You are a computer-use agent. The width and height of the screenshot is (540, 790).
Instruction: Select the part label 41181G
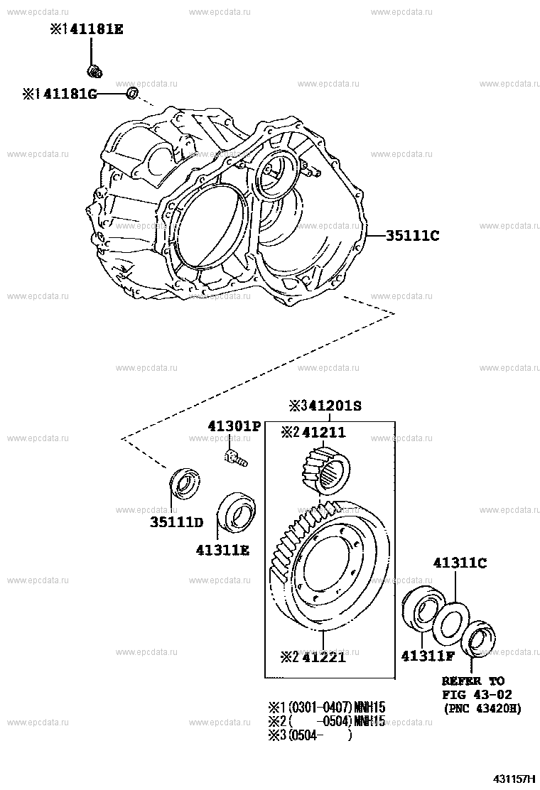pos(70,94)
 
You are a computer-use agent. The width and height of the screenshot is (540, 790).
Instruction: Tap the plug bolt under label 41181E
pos(94,72)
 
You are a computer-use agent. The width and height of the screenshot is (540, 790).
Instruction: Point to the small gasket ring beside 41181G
pos(132,93)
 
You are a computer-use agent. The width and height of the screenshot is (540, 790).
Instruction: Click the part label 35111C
pos(413,235)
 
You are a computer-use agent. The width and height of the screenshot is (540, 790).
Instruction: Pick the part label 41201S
pos(335,406)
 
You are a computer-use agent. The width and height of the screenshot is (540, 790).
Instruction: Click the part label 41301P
pos(234,426)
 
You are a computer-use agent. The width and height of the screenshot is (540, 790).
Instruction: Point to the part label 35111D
pos(176,522)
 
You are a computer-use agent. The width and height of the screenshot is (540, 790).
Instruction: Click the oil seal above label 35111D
pos(184,484)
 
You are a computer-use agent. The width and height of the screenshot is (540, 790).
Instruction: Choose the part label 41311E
pos(222,550)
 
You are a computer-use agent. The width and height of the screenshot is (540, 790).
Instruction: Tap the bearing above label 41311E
pos(236,512)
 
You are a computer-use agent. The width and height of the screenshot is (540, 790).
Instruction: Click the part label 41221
pos(324,657)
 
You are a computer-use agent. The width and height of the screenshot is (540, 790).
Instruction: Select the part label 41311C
pos(460,563)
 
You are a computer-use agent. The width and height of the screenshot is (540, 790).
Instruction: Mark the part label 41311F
pos(428,656)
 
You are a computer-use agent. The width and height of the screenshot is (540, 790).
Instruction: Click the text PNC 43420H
pos(482,708)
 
